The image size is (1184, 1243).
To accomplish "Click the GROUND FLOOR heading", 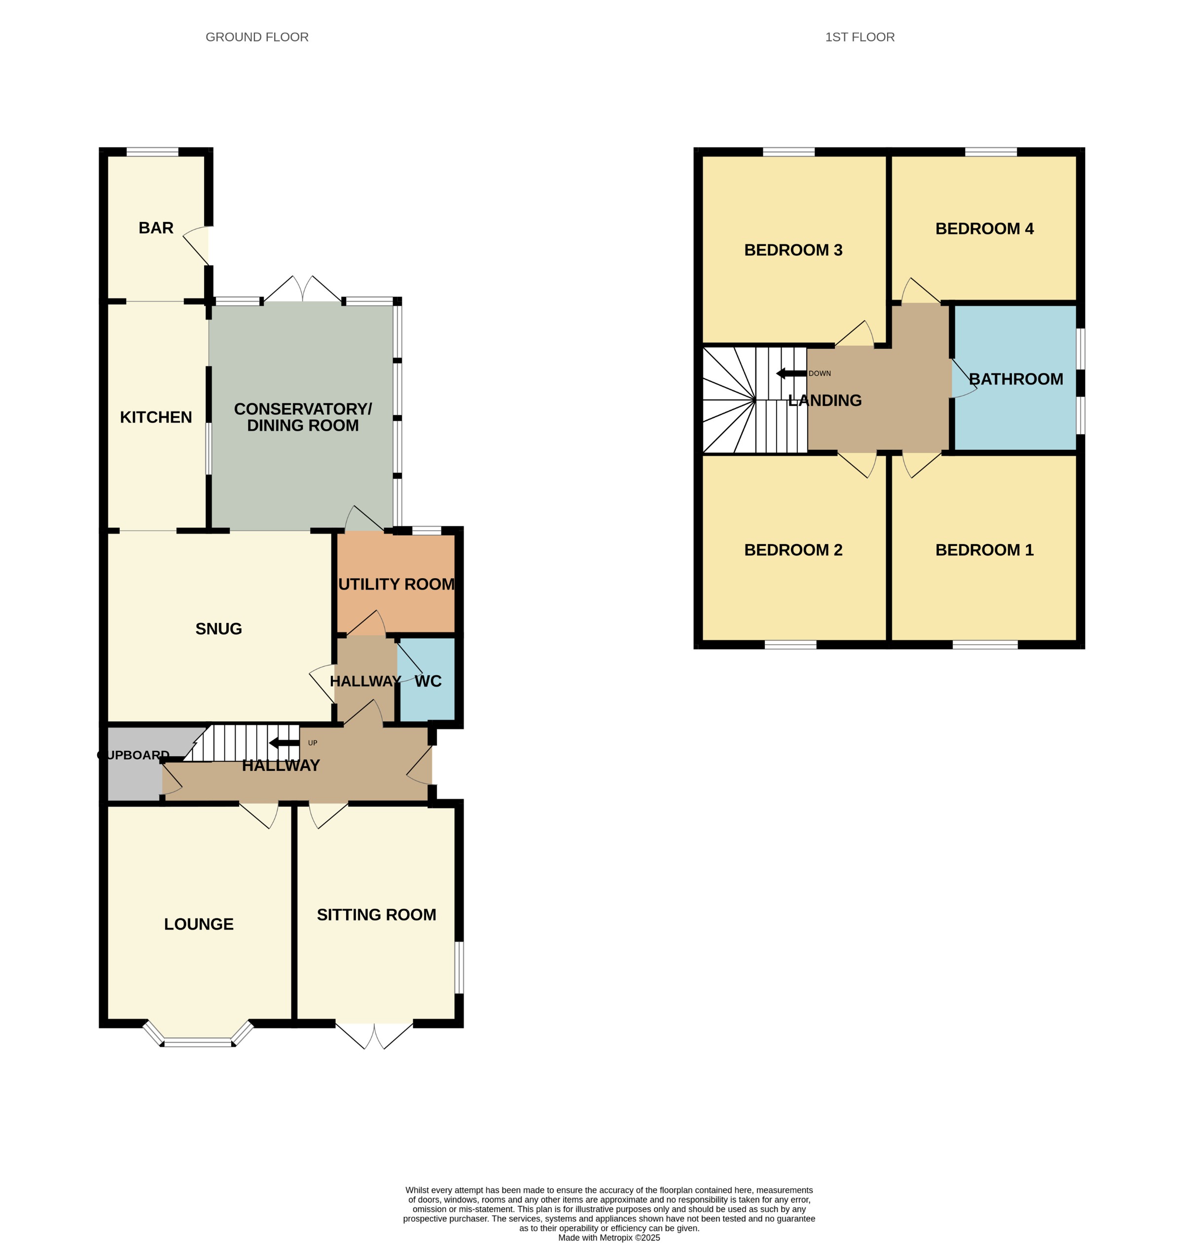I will pyautogui.click(x=257, y=37).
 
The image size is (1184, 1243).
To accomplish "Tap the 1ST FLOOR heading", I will pyautogui.click(x=860, y=37).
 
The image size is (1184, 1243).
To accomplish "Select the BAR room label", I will pyautogui.click(x=156, y=228).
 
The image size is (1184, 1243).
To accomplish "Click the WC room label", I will pyautogui.click(x=428, y=681).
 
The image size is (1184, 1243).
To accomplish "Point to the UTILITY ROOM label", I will pyautogui.click(x=396, y=584).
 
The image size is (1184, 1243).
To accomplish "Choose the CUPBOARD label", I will pyautogui.click(x=133, y=755).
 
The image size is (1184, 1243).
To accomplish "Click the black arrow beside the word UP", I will pyautogui.click(x=284, y=742).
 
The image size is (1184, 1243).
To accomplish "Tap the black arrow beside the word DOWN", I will pyautogui.click(x=791, y=373).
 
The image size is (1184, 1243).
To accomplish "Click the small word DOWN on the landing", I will pyautogui.click(x=820, y=374).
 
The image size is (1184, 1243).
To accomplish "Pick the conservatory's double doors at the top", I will pyautogui.click(x=303, y=289).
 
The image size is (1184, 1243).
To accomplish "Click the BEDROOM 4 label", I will pyautogui.click(x=984, y=228).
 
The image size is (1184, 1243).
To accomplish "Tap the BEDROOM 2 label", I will pyautogui.click(x=793, y=550).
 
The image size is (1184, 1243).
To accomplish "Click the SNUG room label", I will pyautogui.click(x=218, y=629).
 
